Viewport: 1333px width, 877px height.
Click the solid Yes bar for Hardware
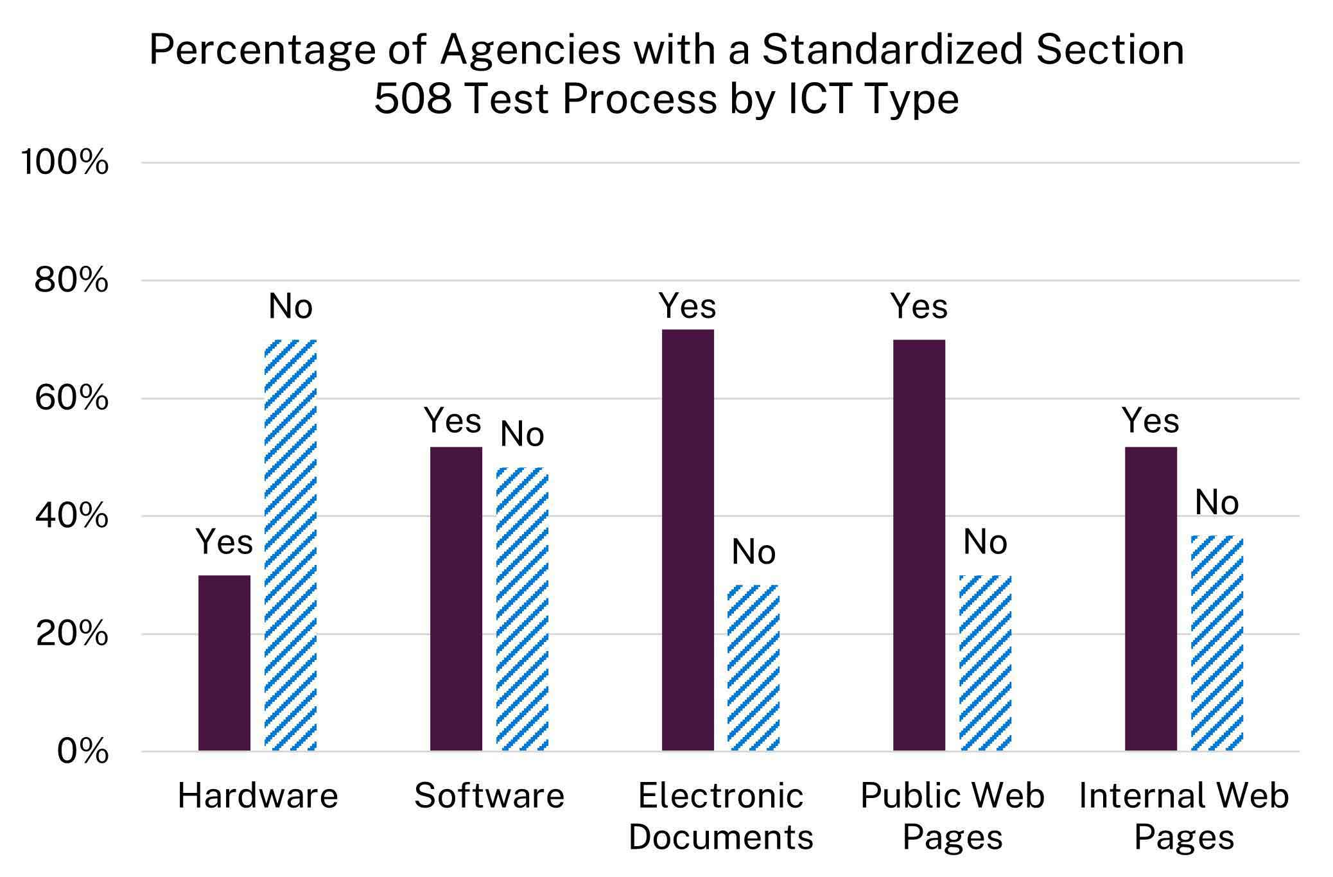pos(224,663)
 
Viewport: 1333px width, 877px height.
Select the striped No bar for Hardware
pos(291,545)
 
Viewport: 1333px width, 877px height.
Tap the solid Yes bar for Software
pos(456,598)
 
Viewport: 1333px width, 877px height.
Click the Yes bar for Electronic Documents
pos(688,540)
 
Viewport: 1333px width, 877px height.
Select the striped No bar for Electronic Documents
pos(753,668)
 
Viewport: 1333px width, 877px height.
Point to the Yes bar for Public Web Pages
pos(919,545)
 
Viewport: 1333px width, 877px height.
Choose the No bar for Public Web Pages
pos(985,663)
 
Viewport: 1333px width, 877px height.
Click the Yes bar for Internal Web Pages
pos(1151,598)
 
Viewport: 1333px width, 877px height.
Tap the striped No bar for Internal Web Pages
pos(1217,643)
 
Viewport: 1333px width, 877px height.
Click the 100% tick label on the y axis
pos(65,162)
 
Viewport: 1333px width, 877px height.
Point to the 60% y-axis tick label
pos(71,398)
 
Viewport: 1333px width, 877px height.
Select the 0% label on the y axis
pos(83,751)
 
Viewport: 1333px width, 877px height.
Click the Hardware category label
pos(257,796)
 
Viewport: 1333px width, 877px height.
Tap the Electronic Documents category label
pos(720,817)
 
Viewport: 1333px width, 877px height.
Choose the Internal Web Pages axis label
pos(1183,817)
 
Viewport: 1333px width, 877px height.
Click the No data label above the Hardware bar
pos(290,306)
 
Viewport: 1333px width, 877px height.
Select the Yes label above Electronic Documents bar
pos(687,306)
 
